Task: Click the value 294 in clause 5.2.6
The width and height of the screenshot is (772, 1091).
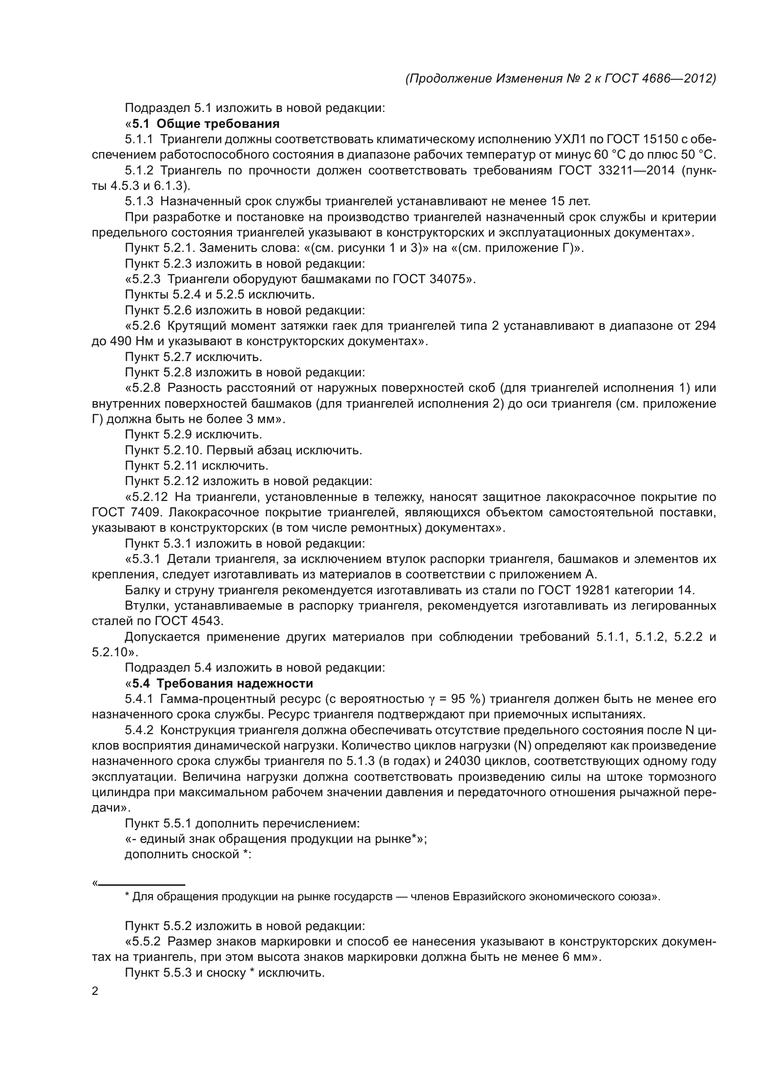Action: coord(705,326)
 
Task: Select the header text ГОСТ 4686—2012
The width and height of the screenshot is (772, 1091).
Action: coord(660,78)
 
